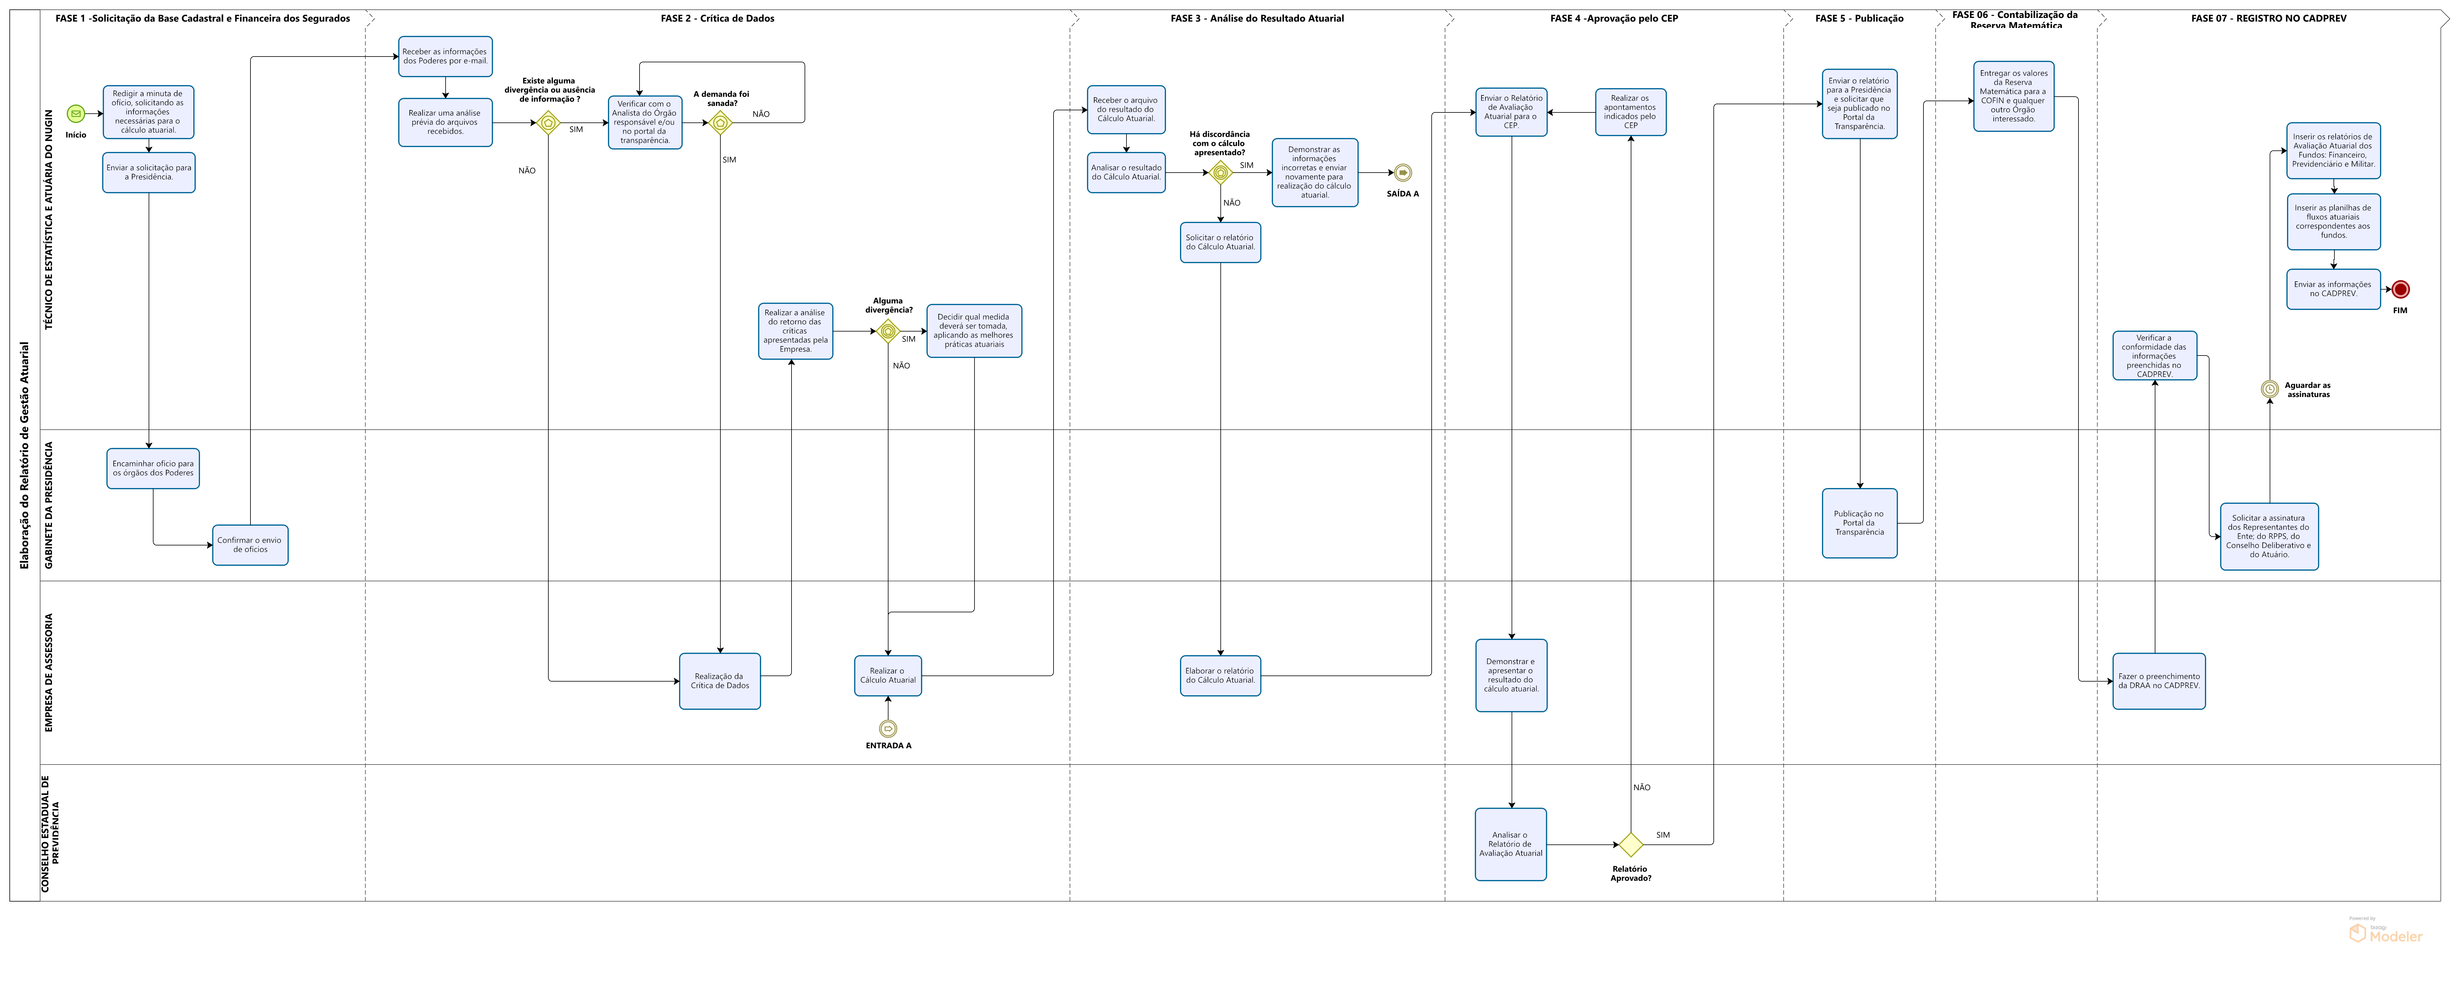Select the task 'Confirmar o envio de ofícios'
pos(250,545)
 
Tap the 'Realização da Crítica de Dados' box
pos(720,681)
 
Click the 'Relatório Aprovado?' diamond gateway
pos(1630,844)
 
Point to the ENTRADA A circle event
pos(888,729)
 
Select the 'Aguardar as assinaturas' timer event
pos(2270,389)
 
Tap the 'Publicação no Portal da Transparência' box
pos(1859,523)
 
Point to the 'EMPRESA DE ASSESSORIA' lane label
pos(49,673)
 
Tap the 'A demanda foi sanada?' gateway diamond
pos(721,123)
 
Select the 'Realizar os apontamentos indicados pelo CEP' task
pos(1630,112)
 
